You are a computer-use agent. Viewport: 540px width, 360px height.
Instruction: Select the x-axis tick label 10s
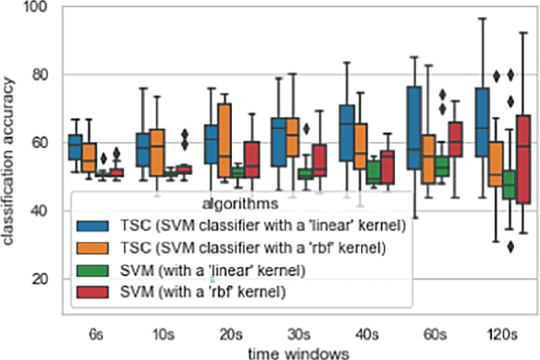point(162,334)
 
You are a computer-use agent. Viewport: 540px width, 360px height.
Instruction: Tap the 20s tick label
point(229,334)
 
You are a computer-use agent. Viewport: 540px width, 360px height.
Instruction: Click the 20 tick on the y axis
point(43,279)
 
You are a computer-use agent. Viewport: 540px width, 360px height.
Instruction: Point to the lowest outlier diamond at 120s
point(511,246)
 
